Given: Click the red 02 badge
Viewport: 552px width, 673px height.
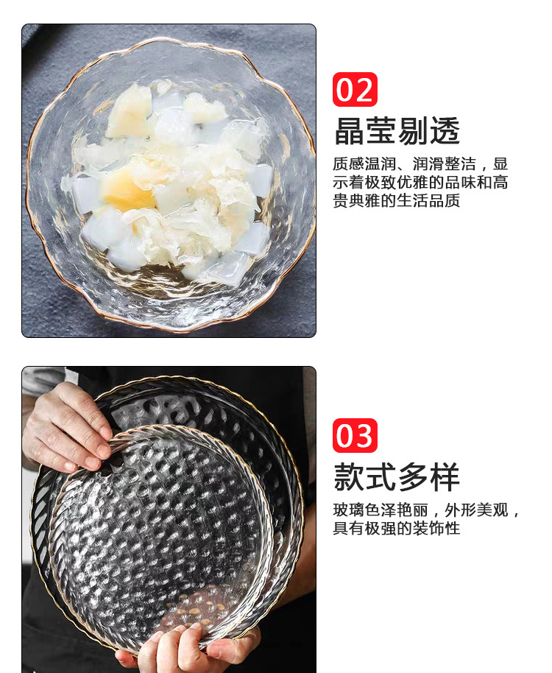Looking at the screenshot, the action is [x=355, y=89].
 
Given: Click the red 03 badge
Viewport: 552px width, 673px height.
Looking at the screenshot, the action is [x=355, y=435].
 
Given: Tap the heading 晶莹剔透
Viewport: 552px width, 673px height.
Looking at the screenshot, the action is [x=397, y=131].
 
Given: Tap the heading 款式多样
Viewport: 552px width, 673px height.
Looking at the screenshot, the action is [x=397, y=477].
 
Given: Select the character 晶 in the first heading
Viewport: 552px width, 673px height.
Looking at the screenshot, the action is [x=350, y=131].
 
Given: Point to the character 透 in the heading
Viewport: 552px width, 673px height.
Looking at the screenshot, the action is [x=445, y=131].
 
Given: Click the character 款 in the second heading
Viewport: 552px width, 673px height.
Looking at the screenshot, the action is [x=350, y=477].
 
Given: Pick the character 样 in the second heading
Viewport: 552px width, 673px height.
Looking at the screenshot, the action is [x=445, y=477].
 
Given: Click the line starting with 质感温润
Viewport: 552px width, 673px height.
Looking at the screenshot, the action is [x=420, y=163].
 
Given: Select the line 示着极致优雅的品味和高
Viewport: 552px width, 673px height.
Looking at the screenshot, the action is [x=420, y=182].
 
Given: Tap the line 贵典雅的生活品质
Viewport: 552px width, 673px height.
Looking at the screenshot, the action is [x=396, y=200].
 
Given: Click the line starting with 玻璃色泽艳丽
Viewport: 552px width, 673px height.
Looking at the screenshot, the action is [x=426, y=510].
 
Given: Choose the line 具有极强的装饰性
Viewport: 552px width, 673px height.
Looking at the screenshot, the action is [x=396, y=529].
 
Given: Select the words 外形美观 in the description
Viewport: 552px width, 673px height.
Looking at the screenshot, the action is [x=476, y=510].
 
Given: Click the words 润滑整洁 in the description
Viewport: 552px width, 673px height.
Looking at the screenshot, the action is [x=445, y=163].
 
